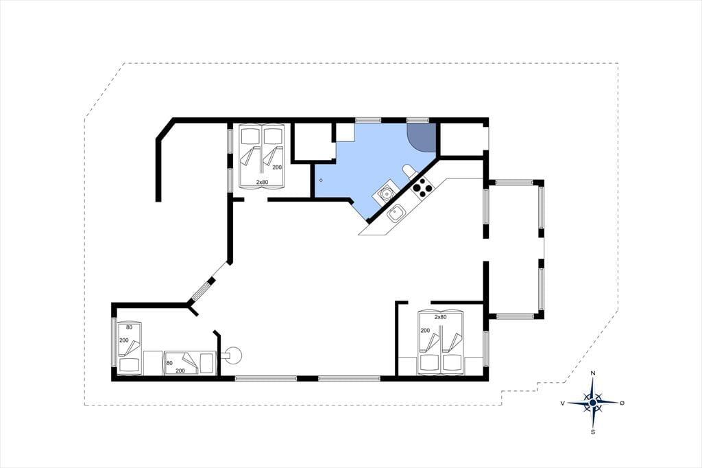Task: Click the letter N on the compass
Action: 593,373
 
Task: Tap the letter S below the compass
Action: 593,432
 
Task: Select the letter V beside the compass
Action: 562,403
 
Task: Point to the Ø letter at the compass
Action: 622,403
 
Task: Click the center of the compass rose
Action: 593,403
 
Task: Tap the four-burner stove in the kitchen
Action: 422,188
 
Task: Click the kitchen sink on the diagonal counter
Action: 396,213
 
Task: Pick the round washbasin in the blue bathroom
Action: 385,194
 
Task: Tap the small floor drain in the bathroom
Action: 321,180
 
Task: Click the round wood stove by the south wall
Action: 233,355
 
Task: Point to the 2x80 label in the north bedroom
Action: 262,182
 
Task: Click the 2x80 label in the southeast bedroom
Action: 441,317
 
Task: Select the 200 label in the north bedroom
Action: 277,167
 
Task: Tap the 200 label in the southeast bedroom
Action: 425,330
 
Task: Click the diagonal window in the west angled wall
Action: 202,290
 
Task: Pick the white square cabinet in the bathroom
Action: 346,132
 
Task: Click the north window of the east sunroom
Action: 515,183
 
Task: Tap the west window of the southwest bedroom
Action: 114,343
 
